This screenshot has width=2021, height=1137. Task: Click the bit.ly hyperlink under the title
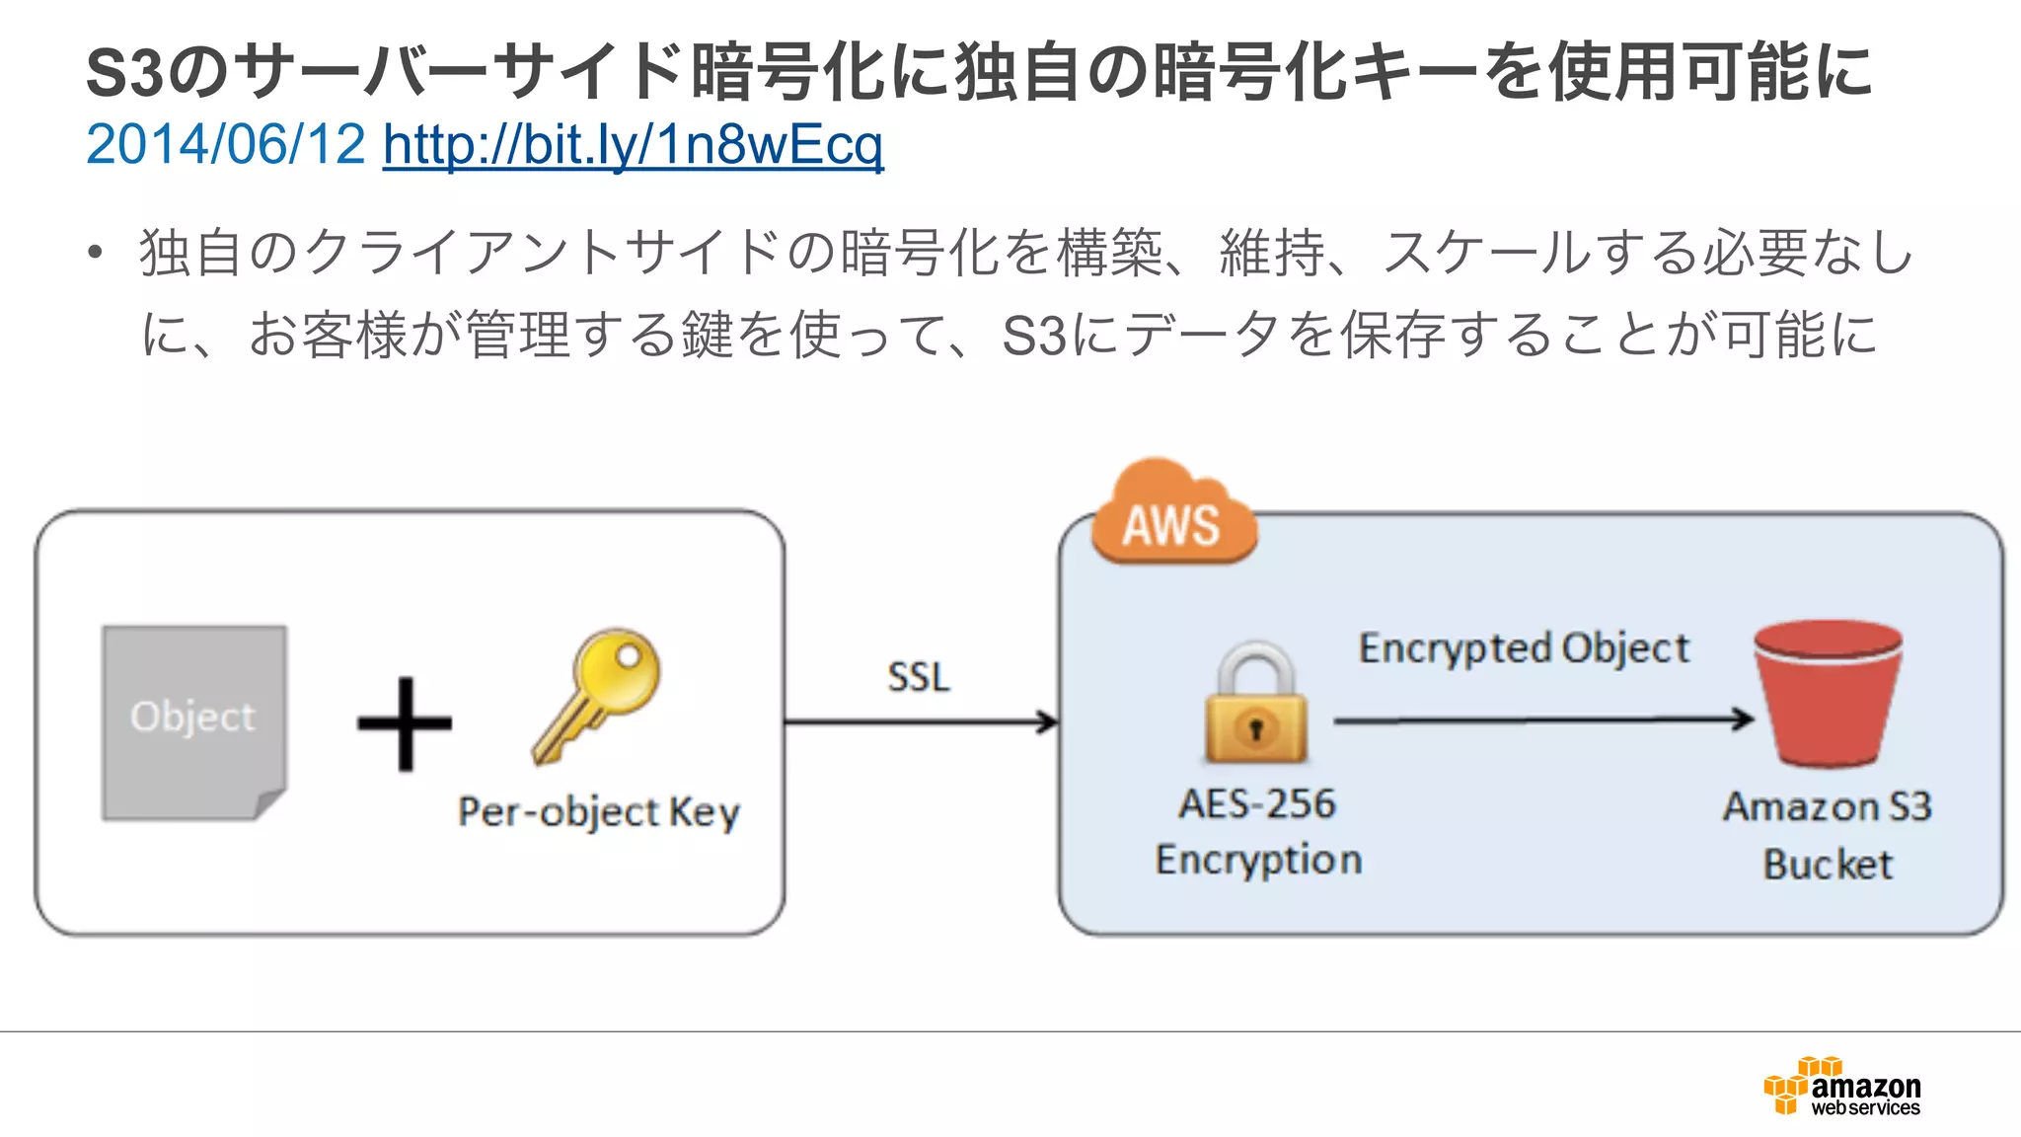coord(633,145)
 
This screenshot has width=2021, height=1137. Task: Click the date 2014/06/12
coord(225,145)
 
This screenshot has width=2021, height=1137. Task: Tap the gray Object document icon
coord(194,721)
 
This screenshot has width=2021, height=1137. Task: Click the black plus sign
coord(405,723)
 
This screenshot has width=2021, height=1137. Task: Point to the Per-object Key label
coord(598,812)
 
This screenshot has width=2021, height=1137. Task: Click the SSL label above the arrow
coord(918,677)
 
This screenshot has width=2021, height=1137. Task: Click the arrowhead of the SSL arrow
coord(1048,722)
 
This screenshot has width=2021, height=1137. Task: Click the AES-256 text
coord(1257,804)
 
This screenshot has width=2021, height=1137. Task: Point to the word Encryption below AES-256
coord(1258,860)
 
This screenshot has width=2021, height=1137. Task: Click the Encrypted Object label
coord(1524,648)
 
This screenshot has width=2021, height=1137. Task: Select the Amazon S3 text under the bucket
coord(1828,807)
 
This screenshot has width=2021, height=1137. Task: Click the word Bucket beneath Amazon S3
coord(1828,865)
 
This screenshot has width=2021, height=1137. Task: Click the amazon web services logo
coord(1842,1087)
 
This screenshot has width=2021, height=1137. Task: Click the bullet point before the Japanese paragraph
coord(95,254)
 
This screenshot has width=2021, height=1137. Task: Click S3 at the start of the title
coord(123,73)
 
